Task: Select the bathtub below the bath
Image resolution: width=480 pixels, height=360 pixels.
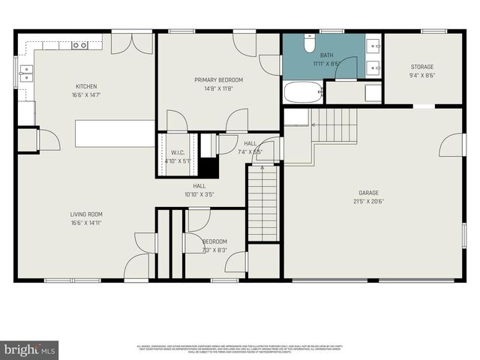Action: pos(303,92)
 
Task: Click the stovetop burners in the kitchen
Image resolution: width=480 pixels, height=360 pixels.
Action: pos(79,45)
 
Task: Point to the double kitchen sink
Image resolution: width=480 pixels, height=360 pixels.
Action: pos(26,73)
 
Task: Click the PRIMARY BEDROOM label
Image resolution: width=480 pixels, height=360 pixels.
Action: pos(218,79)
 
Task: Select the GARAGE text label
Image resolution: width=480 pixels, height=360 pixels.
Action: pos(367,193)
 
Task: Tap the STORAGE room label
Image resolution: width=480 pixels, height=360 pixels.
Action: pos(421,66)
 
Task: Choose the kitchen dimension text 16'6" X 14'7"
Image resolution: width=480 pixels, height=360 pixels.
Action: pos(86,95)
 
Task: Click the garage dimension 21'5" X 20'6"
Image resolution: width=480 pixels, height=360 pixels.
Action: pos(367,201)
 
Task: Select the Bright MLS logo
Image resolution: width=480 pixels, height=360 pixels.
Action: pos(30,349)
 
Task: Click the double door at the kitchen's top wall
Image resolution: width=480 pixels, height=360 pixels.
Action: pos(131,43)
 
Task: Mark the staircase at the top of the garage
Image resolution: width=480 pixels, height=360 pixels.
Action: pos(334,124)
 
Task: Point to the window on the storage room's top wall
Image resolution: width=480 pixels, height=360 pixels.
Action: pos(433,31)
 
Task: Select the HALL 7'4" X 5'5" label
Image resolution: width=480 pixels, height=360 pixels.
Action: pos(250,147)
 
